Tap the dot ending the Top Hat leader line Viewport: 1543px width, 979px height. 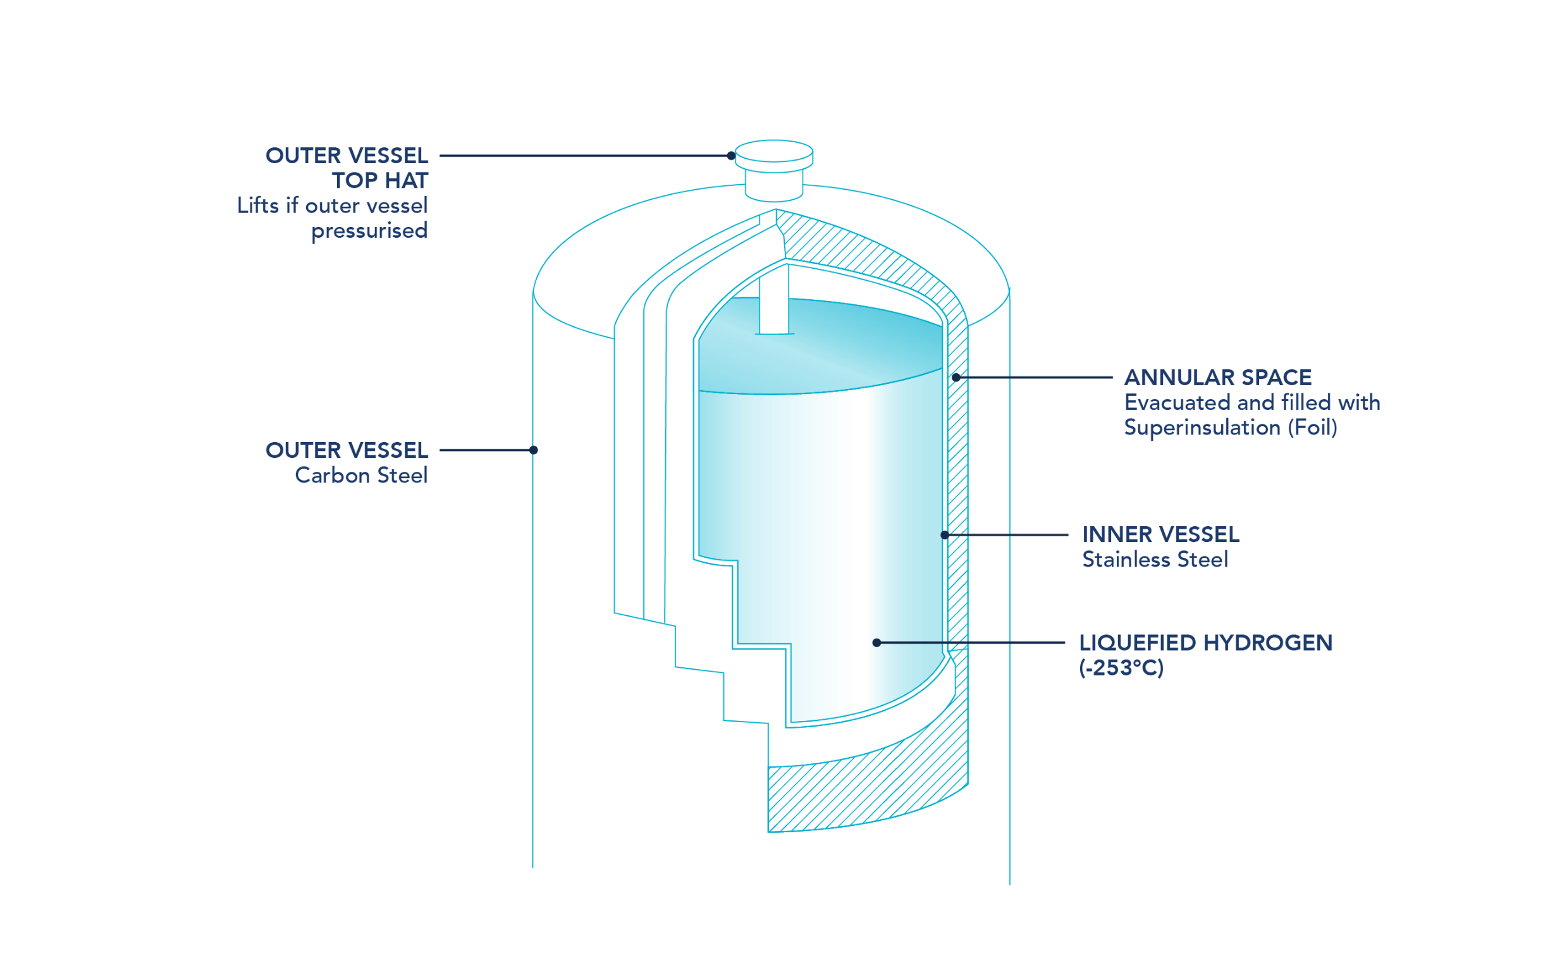[x=731, y=156]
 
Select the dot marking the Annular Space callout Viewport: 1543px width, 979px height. [x=956, y=378]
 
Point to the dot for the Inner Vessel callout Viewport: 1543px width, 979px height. [x=945, y=535]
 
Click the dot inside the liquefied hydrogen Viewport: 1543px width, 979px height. [x=876, y=643]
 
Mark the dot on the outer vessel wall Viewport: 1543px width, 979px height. [x=534, y=450]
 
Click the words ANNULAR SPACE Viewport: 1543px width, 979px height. [x=1217, y=378]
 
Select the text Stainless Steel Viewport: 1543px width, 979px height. [x=1155, y=559]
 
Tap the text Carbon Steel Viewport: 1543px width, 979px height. [x=361, y=476]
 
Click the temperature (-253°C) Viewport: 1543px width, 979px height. [x=1121, y=668]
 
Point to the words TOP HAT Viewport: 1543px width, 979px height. [x=380, y=181]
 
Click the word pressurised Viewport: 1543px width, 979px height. [x=370, y=231]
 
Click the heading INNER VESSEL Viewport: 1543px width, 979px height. [x=1161, y=534]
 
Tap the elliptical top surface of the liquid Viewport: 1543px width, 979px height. [x=820, y=346]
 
